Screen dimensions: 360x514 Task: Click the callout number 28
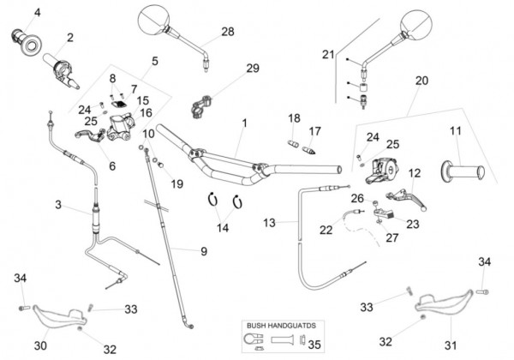coord(227,32)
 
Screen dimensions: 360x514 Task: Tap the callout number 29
coord(252,69)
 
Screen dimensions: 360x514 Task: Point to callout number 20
coord(421,81)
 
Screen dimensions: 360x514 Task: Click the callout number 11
coord(456,131)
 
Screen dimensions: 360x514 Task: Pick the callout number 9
coord(204,251)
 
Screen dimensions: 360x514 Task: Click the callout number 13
coord(269,223)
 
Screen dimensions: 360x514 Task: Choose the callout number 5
coord(155,61)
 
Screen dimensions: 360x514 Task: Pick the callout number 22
coord(326,230)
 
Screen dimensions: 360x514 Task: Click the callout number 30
coord(39,345)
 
